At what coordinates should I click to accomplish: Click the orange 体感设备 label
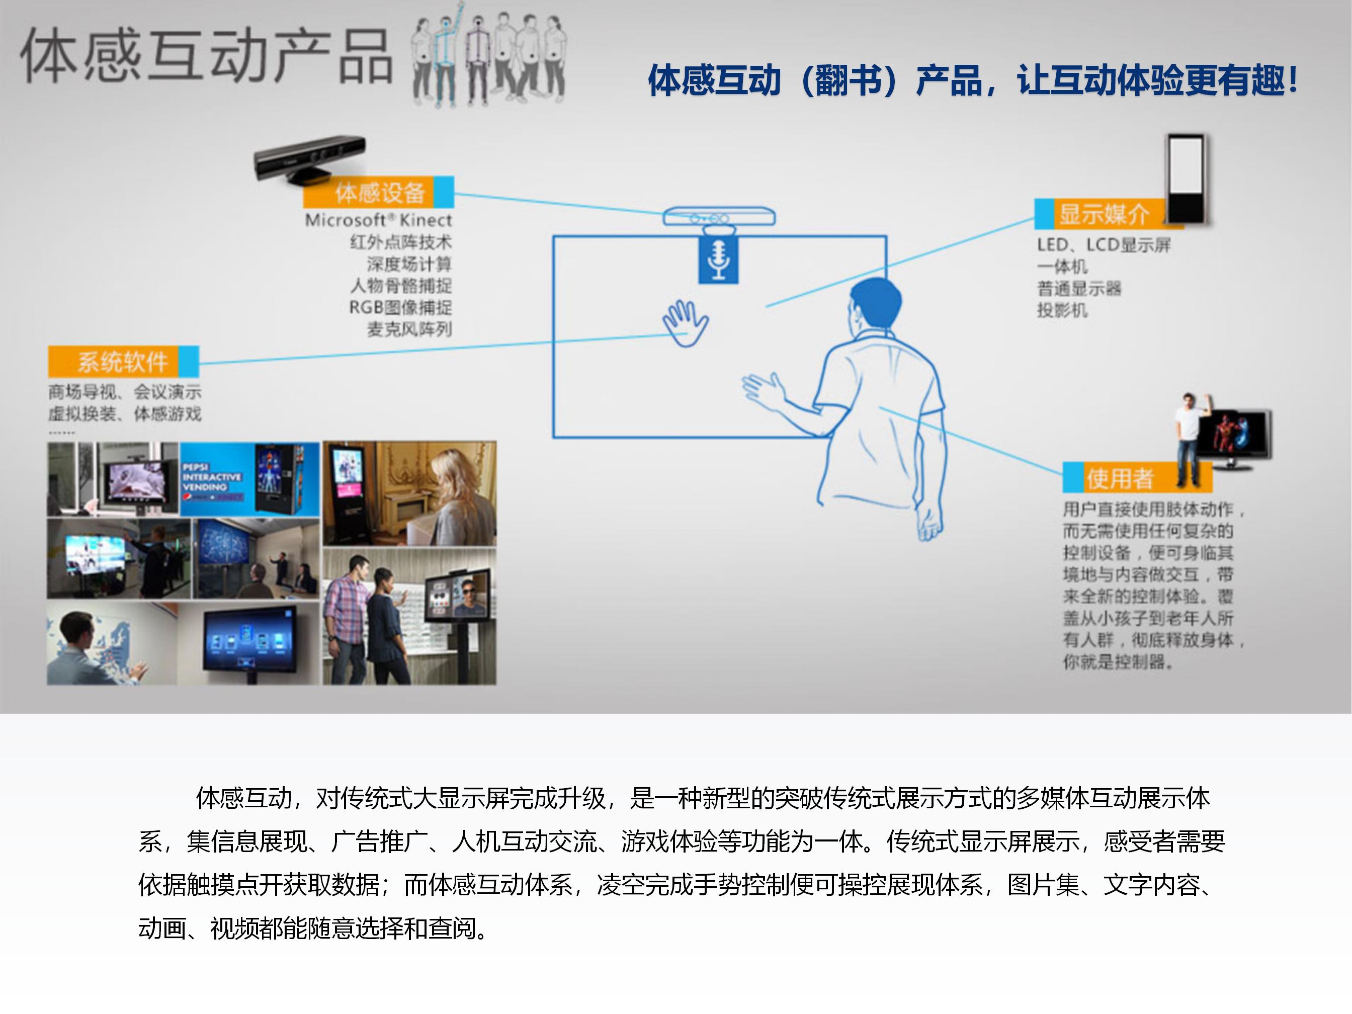point(379,193)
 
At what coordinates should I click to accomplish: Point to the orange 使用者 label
point(1120,478)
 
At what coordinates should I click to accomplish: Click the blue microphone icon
point(718,260)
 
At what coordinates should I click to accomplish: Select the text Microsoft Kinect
point(378,220)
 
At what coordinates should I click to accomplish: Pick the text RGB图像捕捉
point(400,307)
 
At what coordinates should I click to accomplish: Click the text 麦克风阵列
point(409,329)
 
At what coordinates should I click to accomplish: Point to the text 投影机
point(1062,310)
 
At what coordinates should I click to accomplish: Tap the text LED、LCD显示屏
point(1103,245)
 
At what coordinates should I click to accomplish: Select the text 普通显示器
point(1079,289)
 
